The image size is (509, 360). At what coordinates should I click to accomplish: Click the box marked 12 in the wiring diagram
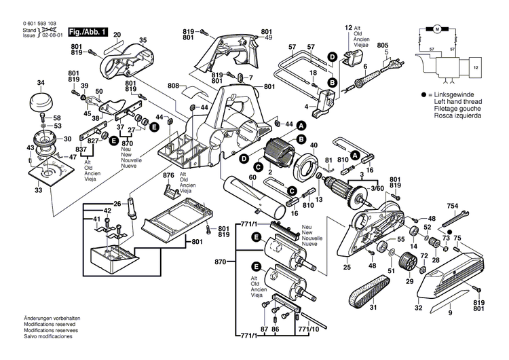[475, 68]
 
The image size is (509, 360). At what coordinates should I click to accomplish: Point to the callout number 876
[169, 176]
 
